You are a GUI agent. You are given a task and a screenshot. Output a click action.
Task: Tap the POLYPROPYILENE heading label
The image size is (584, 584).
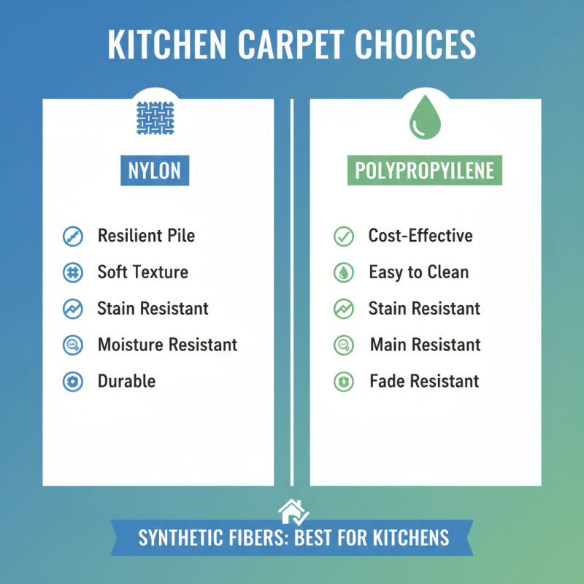424,171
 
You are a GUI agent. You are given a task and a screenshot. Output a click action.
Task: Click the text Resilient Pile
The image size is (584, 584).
146,236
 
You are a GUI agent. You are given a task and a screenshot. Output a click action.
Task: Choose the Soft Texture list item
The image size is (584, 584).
142,272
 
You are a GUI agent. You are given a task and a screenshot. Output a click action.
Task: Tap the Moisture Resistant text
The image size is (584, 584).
167,345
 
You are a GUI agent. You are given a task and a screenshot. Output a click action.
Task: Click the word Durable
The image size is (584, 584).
126,381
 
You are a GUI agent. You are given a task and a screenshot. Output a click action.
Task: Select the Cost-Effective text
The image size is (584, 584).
420,236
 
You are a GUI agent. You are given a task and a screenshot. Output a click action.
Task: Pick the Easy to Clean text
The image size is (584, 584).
418,272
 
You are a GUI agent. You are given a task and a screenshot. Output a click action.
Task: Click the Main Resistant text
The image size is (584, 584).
425,345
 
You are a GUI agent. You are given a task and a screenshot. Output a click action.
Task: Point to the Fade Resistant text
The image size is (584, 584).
424,381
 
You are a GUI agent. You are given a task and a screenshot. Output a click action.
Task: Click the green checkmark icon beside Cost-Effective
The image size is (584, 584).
343,237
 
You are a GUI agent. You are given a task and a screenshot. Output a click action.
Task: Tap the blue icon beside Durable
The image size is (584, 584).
72,381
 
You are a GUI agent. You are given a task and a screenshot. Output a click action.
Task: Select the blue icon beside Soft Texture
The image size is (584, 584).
72,272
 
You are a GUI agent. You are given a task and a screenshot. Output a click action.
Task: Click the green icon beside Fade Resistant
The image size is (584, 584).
343,381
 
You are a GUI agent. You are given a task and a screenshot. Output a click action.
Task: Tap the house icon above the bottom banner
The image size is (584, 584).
293,512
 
